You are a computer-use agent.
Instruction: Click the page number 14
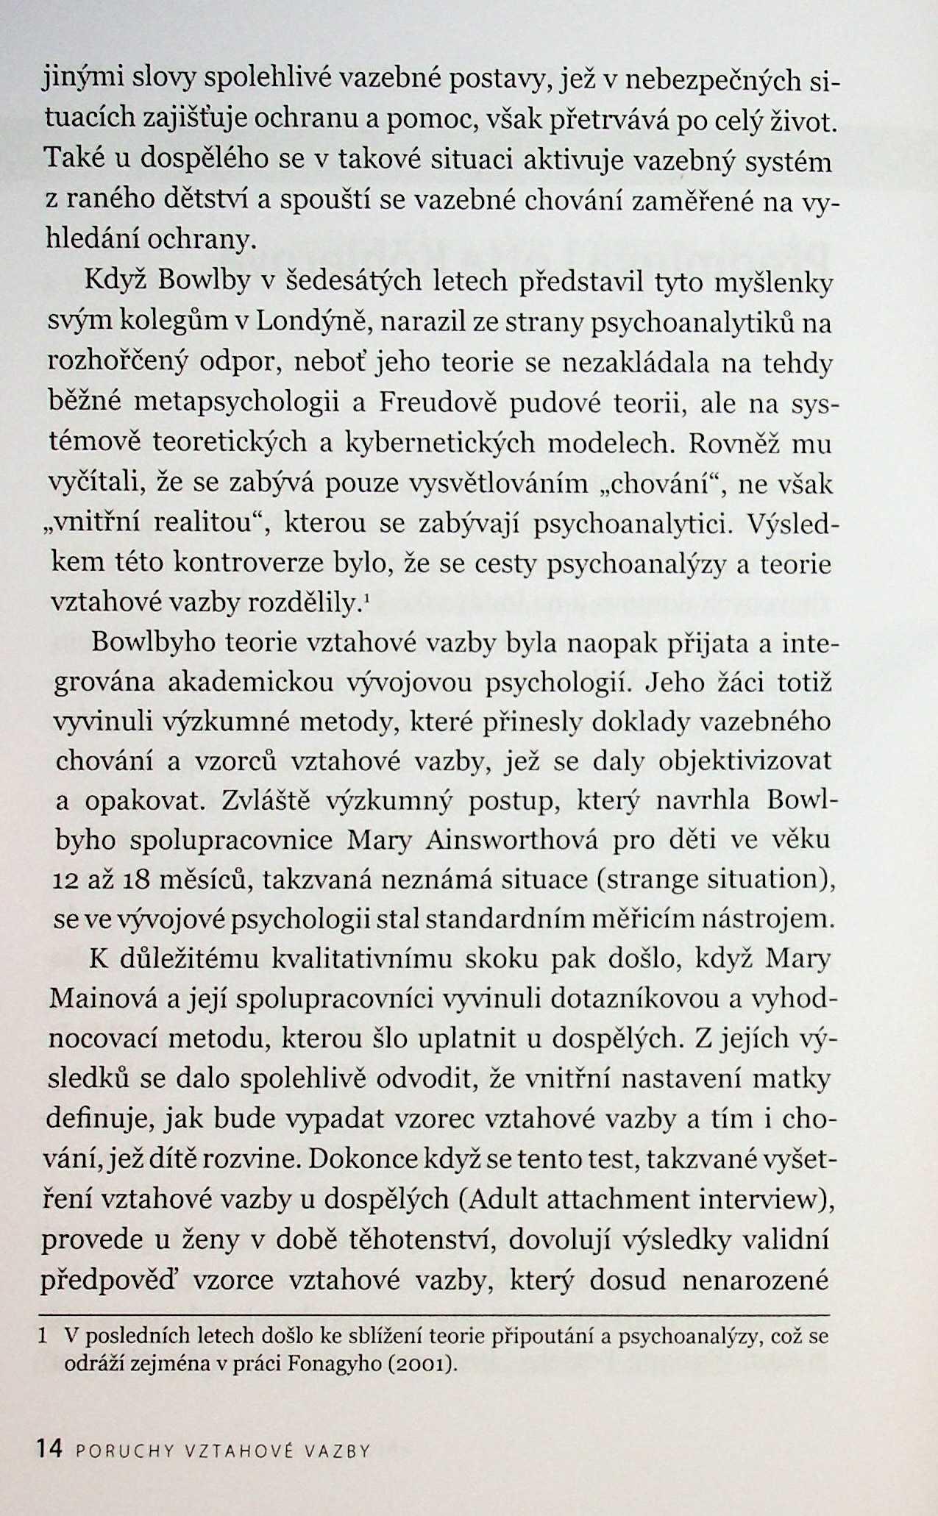coord(50,1449)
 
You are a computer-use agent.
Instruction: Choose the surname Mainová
coord(102,999)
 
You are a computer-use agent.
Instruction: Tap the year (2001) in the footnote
coord(421,1364)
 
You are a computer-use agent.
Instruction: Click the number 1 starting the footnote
coord(45,1336)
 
